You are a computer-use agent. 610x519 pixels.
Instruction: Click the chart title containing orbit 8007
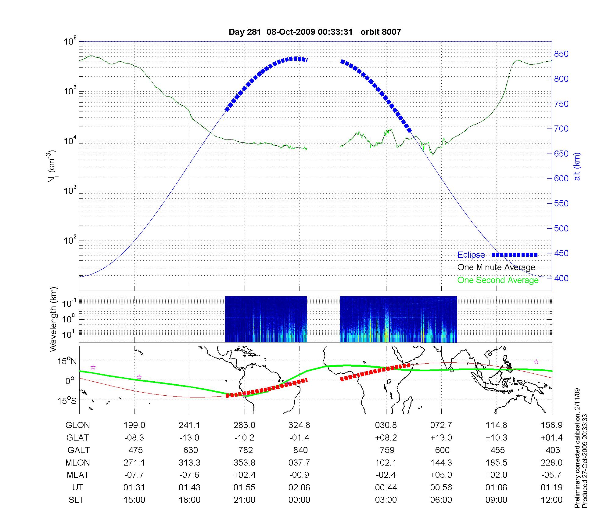click(315, 32)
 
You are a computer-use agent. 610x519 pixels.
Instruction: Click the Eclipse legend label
click(471, 255)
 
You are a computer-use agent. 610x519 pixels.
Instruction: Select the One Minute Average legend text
click(496, 267)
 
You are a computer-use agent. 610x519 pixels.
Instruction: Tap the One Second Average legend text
click(498, 280)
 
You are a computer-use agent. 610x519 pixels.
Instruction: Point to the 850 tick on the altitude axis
click(561, 54)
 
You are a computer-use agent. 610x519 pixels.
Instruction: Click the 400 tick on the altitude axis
click(561, 278)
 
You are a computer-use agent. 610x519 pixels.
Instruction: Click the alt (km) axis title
click(577, 166)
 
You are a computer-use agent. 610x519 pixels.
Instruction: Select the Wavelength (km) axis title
click(53, 319)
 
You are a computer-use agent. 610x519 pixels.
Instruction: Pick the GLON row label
click(78, 425)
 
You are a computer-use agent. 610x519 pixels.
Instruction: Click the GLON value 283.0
click(244, 425)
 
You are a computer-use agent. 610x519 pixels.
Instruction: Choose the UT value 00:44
click(386, 488)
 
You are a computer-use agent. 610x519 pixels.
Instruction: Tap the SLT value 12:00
click(551, 500)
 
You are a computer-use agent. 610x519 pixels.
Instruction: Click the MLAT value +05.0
click(441, 475)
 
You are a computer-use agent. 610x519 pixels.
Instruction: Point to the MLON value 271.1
click(134, 463)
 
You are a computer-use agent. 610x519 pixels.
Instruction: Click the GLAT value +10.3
click(496, 438)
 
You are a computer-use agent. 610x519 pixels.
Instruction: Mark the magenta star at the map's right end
click(536, 362)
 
